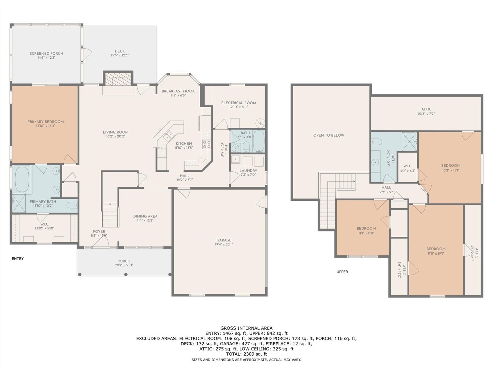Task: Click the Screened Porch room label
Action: tap(46, 53)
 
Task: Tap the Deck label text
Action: tap(120, 51)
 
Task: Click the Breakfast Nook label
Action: tap(178, 91)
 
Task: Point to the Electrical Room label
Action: tap(239, 103)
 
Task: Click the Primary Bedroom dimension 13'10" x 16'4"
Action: tap(46, 126)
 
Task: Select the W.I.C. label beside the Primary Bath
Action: tap(45, 224)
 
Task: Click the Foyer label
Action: tap(99, 231)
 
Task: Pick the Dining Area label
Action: tap(145, 216)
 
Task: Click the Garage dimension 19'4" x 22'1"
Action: tap(224, 244)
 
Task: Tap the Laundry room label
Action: tap(248, 170)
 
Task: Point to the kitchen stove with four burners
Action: tap(207, 144)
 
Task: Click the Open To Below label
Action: tap(329, 135)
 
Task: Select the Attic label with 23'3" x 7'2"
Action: tap(426, 110)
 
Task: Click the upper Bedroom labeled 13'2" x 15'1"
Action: tap(451, 166)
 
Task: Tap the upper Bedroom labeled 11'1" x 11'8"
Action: tap(366, 229)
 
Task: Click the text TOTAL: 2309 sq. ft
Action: tap(247, 354)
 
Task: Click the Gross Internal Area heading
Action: tap(247, 328)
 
